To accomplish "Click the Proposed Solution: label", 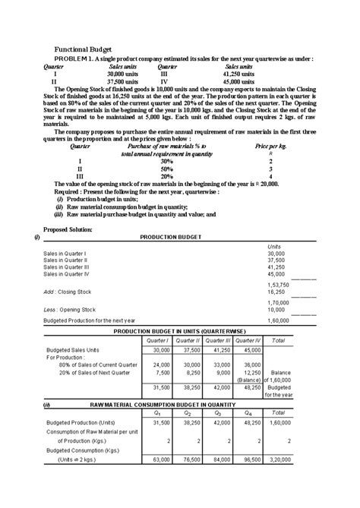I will pyautogui.click(x=69, y=229).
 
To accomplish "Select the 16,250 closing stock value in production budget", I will pyautogui.click(x=276, y=291).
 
